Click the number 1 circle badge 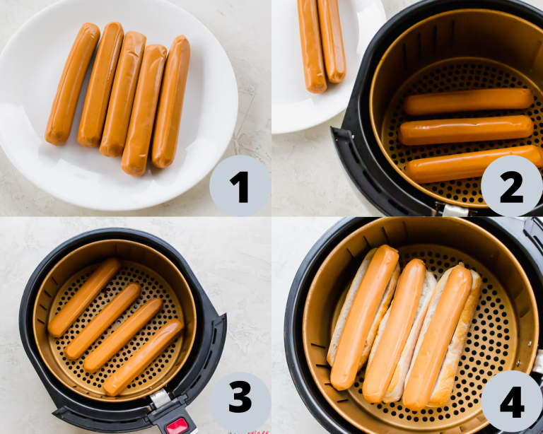(x=240, y=186)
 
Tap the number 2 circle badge (x=511, y=186)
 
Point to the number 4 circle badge (x=511, y=401)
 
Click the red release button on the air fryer (x=177, y=426)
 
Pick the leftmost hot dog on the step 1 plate (x=72, y=83)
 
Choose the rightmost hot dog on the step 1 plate (x=171, y=102)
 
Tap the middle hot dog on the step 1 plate (x=123, y=93)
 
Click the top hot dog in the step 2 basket (x=468, y=102)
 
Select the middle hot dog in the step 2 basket (x=466, y=130)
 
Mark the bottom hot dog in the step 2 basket (x=472, y=164)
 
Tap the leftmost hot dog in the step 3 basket (x=84, y=297)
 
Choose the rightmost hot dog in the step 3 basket (x=143, y=358)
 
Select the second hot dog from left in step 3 (x=103, y=321)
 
